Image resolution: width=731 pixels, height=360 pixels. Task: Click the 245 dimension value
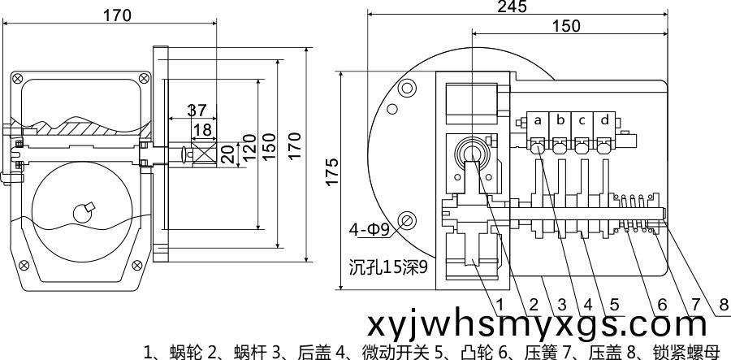pos(512,6)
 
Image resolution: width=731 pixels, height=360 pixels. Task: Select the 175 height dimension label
pos(331,172)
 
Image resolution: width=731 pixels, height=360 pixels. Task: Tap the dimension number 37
pos(197,111)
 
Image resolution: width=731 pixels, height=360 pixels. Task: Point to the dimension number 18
pos(203,129)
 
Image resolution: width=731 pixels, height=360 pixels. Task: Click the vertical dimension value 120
pos(249,148)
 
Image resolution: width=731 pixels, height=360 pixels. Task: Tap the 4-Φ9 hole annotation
pos(371,229)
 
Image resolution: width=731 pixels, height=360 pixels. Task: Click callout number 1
pos(500,305)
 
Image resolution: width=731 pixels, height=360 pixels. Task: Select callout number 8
pos(724,305)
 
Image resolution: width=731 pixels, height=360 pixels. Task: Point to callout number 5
pos(615,305)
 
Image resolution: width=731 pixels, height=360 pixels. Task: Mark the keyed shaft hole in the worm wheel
pos(84,212)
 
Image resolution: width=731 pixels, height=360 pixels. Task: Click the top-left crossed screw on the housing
pos(17,78)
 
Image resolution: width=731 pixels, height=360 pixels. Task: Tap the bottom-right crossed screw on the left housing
pos(136,266)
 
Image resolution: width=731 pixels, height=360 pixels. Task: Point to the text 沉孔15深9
pos(388,267)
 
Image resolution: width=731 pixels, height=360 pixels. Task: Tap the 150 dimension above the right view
pos(566,26)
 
